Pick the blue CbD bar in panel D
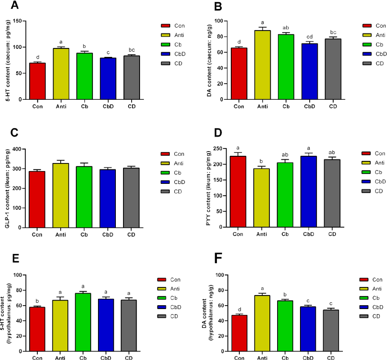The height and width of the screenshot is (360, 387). point(308,191)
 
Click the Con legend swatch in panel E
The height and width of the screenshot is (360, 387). point(164,279)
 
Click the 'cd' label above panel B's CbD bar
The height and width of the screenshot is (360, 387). point(308,37)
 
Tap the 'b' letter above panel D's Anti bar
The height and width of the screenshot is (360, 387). point(262,161)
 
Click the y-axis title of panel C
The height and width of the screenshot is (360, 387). point(7,189)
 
